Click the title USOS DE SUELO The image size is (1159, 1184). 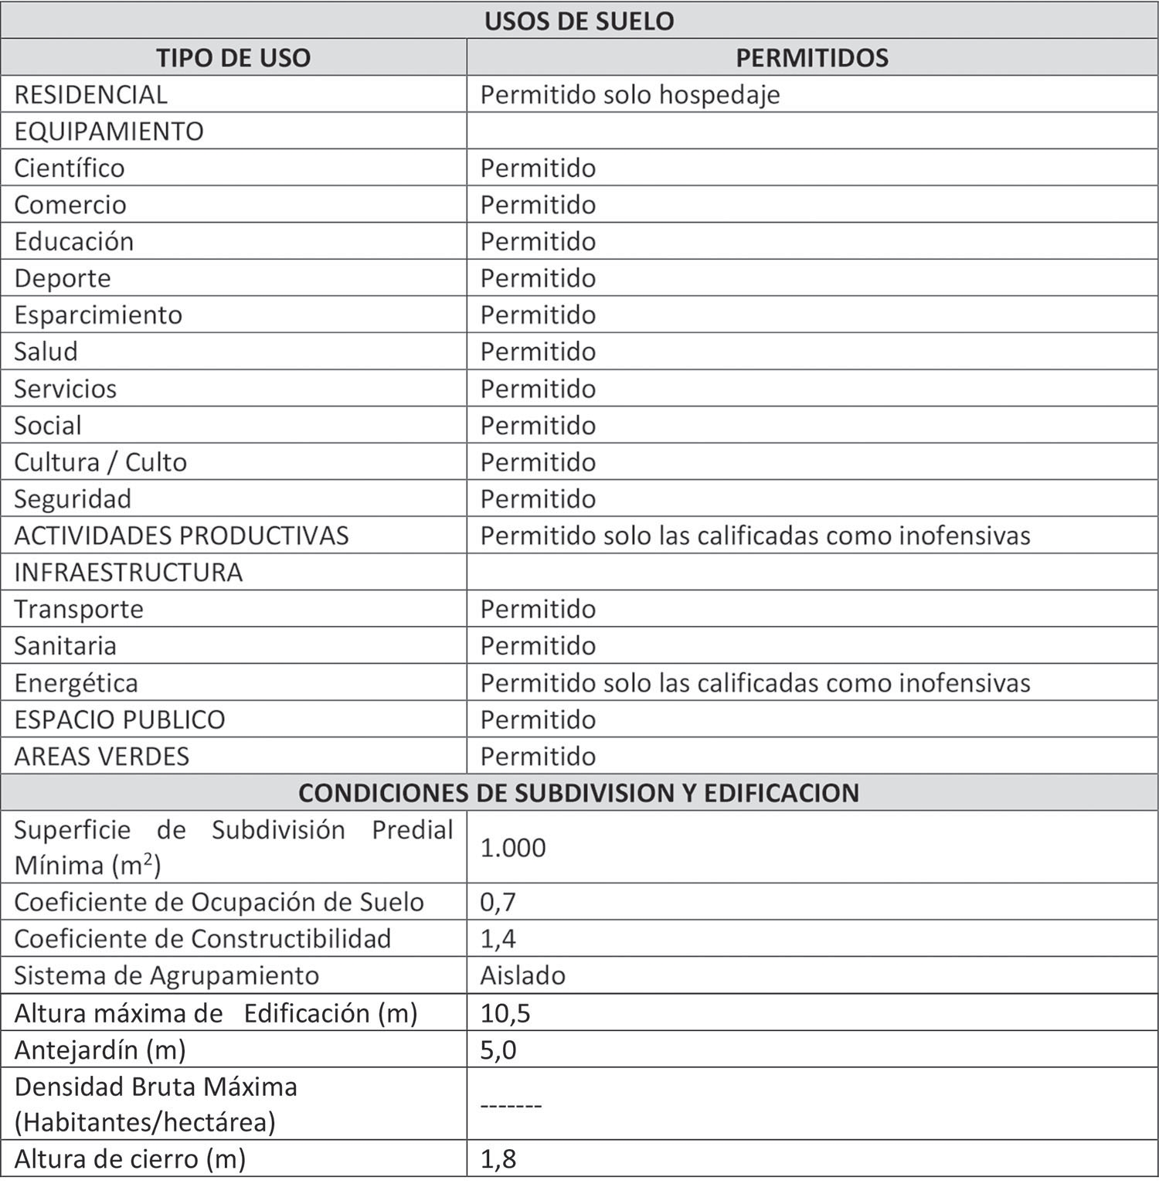tap(579, 21)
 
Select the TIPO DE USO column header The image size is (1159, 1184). tap(233, 58)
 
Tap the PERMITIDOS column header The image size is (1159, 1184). tap(811, 58)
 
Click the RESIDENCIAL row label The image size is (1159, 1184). tap(90, 94)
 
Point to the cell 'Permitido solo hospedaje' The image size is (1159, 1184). tap(630, 94)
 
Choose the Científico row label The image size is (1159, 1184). tap(70, 168)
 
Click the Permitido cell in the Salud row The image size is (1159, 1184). tap(538, 352)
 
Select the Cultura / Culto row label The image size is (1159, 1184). tap(100, 462)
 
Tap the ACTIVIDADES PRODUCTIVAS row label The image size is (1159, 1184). tap(182, 536)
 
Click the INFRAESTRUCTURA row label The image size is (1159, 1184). tap(128, 573)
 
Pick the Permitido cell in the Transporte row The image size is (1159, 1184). tap(538, 609)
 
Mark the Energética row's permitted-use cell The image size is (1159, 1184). tap(755, 683)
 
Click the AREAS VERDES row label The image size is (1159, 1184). tap(102, 756)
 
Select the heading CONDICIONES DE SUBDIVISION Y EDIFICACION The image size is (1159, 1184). tap(579, 793)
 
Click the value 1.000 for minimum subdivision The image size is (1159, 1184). tap(513, 848)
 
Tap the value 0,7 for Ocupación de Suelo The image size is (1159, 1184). tap(498, 902)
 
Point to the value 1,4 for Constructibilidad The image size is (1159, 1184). tap(498, 939)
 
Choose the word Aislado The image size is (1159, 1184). tap(522, 975)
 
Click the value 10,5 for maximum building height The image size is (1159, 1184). tap(505, 1013)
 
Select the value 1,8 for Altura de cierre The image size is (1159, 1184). tap(498, 1159)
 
